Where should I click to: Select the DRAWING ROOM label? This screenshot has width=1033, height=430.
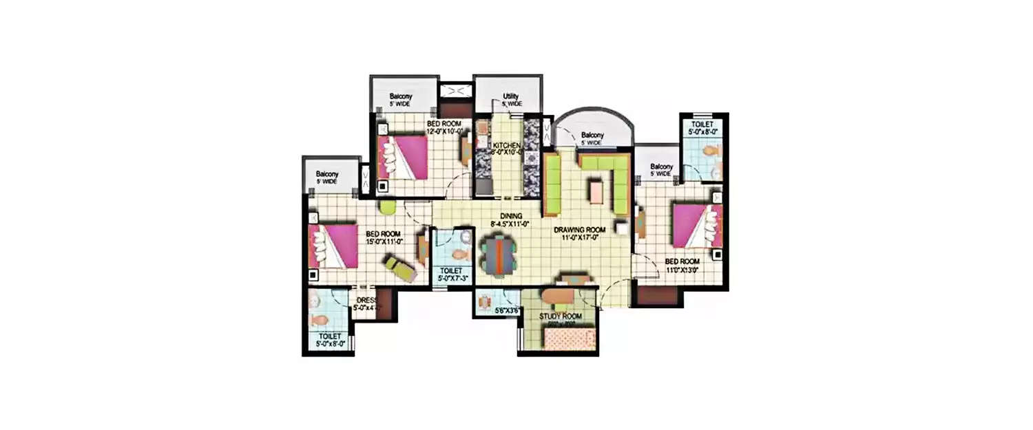click(x=580, y=230)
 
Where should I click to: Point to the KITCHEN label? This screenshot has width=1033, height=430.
click(x=506, y=147)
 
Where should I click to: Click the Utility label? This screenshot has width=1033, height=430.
click(x=510, y=96)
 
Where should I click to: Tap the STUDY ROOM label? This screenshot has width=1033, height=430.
click(x=560, y=316)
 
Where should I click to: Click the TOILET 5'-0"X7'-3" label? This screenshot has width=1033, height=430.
click(x=451, y=271)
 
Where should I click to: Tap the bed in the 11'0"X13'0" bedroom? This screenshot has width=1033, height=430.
click(x=696, y=225)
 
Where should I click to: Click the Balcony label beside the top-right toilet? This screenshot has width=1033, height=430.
click(x=661, y=166)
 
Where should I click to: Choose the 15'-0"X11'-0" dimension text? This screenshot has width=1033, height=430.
click(x=384, y=241)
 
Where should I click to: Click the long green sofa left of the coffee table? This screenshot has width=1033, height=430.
click(x=552, y=184)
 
